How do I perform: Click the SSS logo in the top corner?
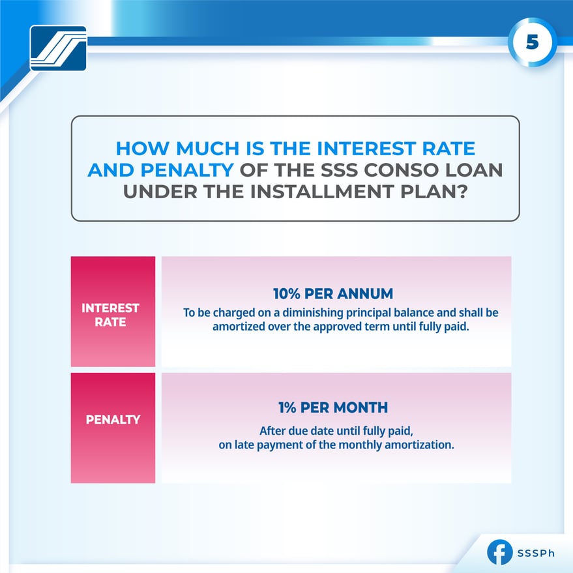58,48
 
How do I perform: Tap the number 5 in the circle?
532,42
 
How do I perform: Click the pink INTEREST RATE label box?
113,312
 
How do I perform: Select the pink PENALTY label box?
113,428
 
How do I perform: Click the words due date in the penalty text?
301,431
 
